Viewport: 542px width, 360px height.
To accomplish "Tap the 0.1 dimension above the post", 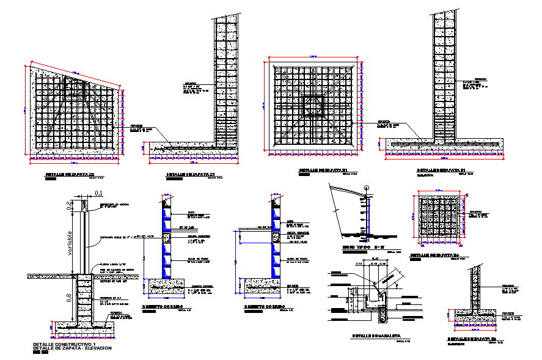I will (x=98, y=193).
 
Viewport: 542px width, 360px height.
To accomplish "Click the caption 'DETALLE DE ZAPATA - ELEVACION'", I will (x=72, y=349).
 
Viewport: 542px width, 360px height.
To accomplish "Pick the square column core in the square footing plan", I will (x=313, y=108).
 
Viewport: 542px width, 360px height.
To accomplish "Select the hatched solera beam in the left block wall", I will (x=166, y=236).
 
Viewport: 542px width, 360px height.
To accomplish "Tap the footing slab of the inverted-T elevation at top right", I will (x=444, y=145).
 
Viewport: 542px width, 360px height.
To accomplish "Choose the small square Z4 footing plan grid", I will (x=439, y=218).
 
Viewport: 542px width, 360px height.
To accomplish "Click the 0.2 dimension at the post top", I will (x=68, y=205).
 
